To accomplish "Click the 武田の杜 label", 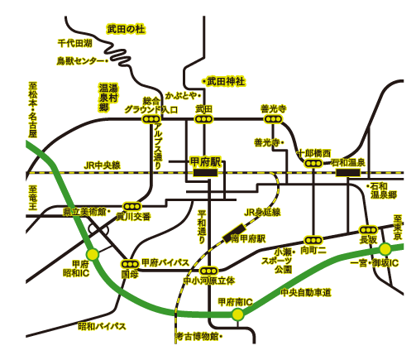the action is [x=126, y=29].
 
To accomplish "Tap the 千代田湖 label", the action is [x=74, y=43].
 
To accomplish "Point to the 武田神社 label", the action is [x=226, y=81].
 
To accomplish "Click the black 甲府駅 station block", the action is [x=205, y=173].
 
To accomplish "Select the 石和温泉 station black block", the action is [x=348, y=173].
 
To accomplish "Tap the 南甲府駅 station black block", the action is [x=234, y=233].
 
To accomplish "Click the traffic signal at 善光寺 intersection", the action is [x=274, y=119].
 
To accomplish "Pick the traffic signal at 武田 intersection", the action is [x=203, y=119].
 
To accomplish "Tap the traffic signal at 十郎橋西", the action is [x=313, y=163].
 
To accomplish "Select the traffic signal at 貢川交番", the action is [x=131, y=206].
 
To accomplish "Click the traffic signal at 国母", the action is [x=130, y=264].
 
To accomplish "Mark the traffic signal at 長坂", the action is [x=368, y=230].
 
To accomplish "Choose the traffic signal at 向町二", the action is [x=313, y=240].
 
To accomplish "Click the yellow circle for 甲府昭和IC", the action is [x=93, y=254].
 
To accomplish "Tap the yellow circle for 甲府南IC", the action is [x=237, y=314].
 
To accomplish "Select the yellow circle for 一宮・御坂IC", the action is [x=385, y=249].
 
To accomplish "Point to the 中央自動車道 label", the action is [x=306, y=292].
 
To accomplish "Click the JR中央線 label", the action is [x=103, y=166].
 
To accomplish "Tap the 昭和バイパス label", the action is [x=102, y=326].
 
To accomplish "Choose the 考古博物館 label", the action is [x=198, y=336].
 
